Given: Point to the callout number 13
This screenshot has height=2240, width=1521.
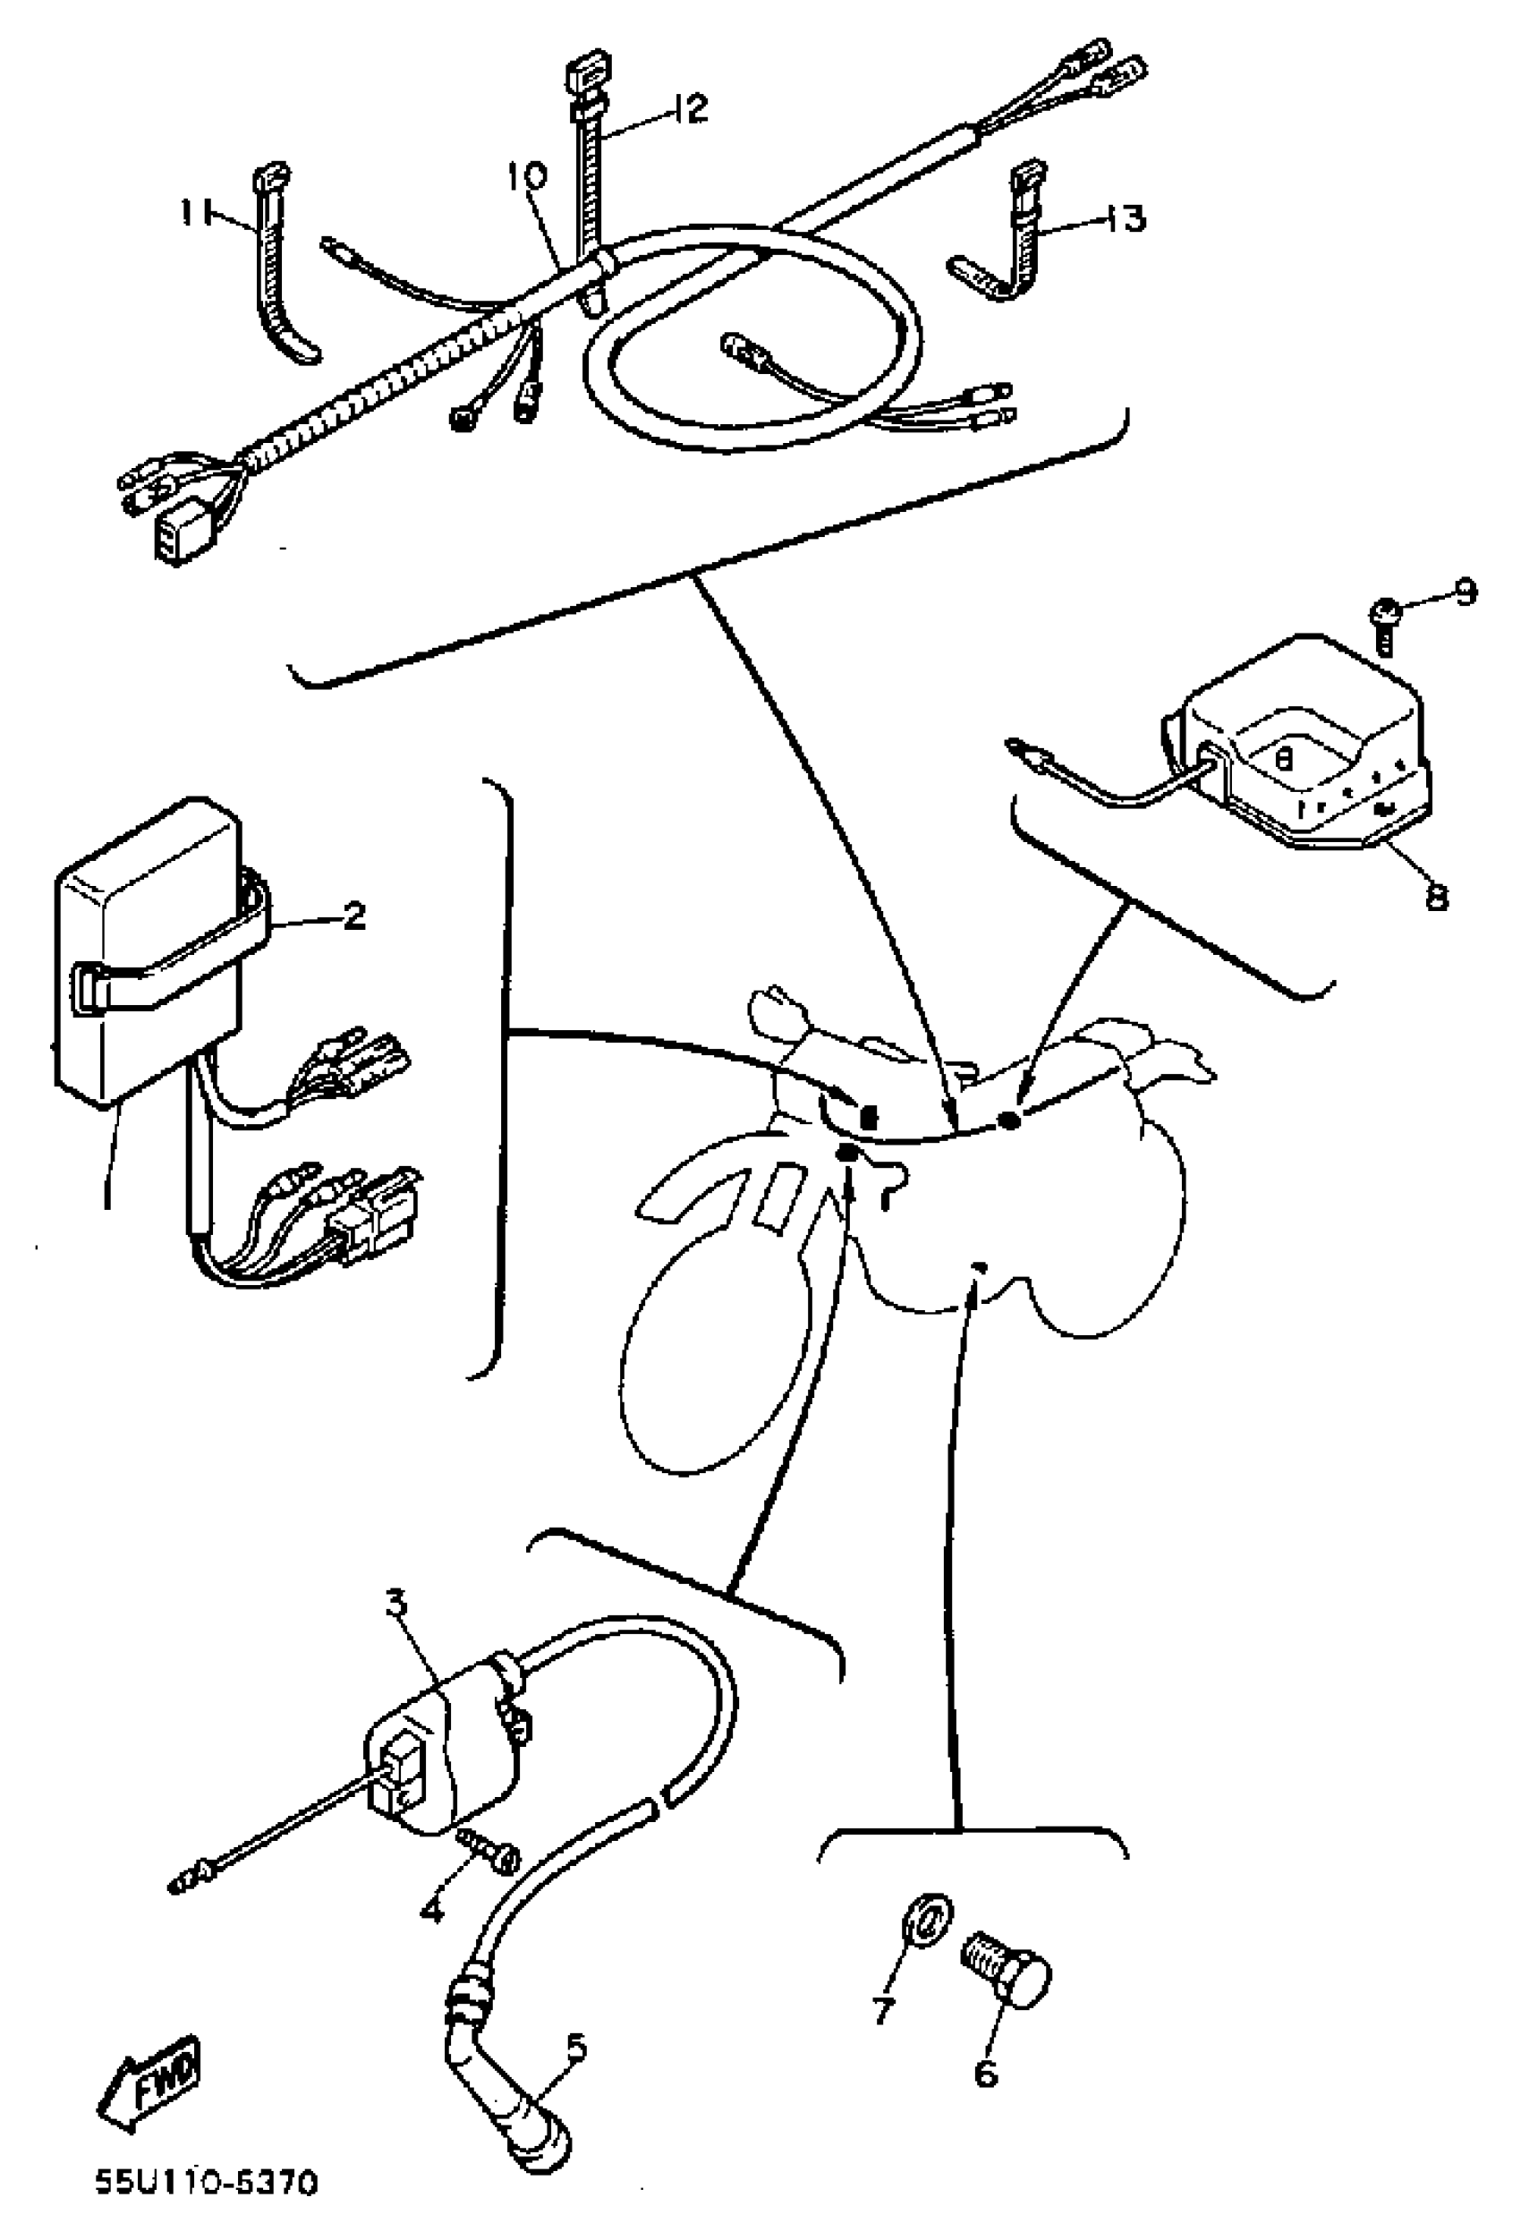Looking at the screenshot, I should pos(1124,217).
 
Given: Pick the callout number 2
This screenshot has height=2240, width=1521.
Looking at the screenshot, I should pos(353,916).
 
